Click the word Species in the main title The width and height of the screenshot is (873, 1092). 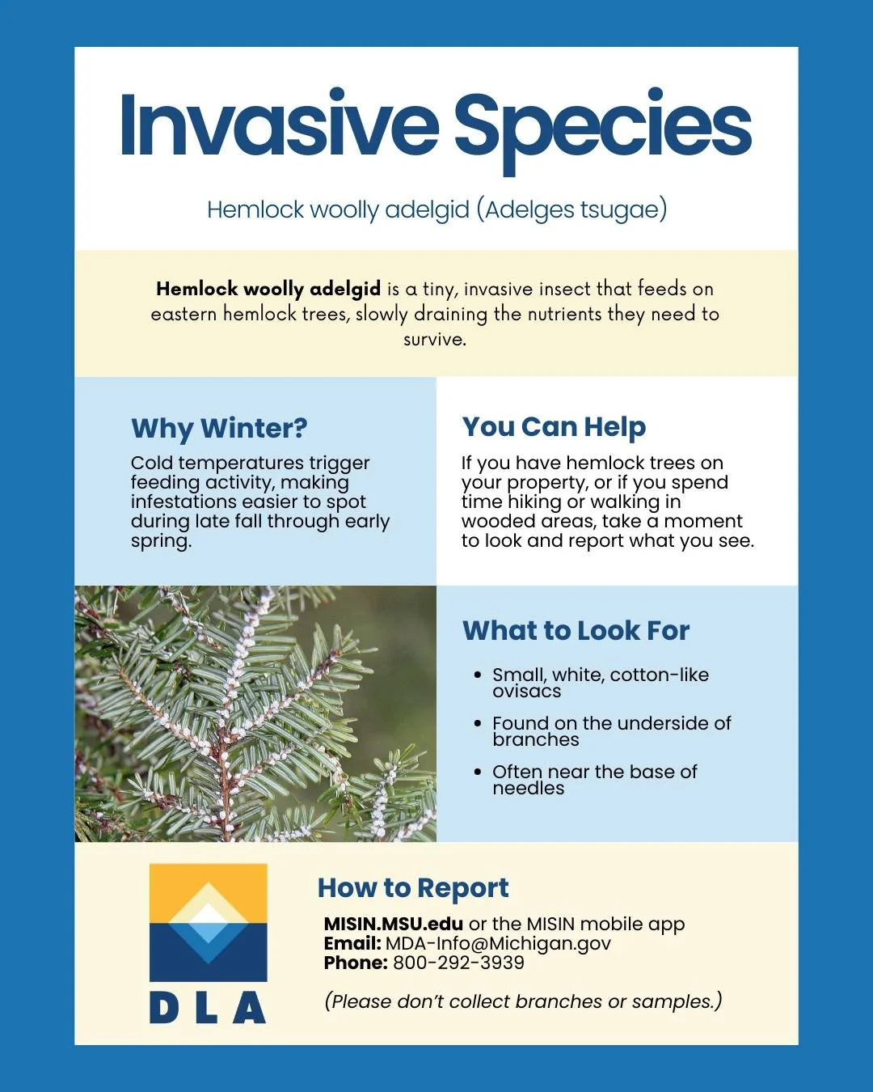602,128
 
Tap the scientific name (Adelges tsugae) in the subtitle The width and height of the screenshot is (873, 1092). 571,210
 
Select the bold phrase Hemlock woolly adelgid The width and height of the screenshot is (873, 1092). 268,289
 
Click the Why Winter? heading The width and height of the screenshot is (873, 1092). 219,428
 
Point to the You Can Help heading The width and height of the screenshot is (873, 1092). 554,427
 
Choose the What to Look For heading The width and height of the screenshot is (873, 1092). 576,631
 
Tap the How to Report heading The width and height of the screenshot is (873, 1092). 413,888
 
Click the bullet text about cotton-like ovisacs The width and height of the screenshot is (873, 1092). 600,683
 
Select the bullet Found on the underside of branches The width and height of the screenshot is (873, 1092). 611,731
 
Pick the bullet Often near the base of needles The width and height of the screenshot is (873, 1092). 594,780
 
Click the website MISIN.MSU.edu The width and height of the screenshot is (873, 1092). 394,924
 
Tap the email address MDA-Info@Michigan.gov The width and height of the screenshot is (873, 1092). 498,943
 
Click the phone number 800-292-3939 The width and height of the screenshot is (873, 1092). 458,963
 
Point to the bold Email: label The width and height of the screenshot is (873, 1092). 352,943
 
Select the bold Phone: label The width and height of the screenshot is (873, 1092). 356,963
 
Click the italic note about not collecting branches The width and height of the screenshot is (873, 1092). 523,1001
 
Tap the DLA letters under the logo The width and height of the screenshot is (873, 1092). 208,1008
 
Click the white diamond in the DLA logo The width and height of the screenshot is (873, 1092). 209,914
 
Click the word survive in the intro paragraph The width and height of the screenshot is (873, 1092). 435,340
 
